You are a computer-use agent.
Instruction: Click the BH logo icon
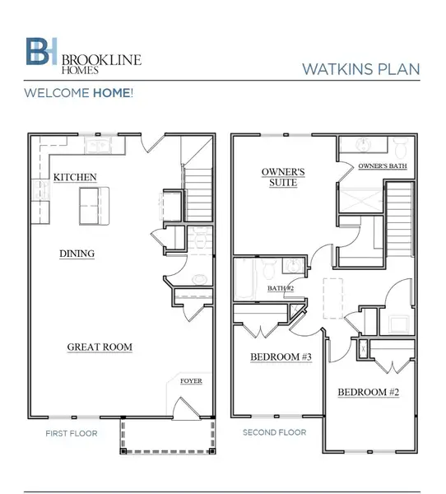pyautogui.click(x=39, y=51)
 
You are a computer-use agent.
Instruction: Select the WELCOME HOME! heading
pyautogui.click(x=78, y=93)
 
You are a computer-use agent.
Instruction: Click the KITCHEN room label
pyautogui.click(x=75, y=177)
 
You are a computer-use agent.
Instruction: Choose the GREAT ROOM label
pyautogui.click(x=99, y=347)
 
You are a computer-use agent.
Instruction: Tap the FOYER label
pyautogui.click(x=191, y=381)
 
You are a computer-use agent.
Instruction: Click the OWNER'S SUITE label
pyautogui.click(x=284, y=177)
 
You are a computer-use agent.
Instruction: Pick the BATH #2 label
pyautogui.click(x=280, y=288)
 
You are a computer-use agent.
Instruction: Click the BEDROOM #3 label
pyautogui.click(x=281, y=357)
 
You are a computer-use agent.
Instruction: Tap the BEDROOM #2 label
pyautogui.click(x=369, y=393)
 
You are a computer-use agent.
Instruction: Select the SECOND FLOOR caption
pyautogui.click(x=274, y=432)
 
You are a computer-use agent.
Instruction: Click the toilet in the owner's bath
pyautogui.click(x=402, y=148)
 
